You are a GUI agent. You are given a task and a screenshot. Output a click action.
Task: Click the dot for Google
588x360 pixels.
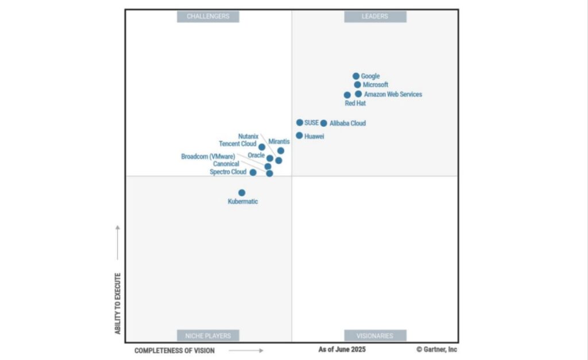[356, 76]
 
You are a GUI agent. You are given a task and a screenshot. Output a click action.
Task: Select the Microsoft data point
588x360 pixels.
[357, 85]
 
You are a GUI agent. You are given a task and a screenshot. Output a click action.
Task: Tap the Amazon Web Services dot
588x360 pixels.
[358, 94]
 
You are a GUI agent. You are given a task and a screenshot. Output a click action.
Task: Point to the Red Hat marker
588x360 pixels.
[347, 95]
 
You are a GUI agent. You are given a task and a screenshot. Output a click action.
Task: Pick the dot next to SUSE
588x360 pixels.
[300, 123]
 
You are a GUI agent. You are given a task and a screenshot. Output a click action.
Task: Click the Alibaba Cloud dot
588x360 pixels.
[324, 123]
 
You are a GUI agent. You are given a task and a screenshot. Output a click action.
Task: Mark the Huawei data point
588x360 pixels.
[299, 136]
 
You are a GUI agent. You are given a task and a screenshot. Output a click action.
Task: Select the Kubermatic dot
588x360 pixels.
[242, 193]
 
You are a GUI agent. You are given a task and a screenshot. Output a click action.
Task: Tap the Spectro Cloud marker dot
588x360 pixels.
[253, 172]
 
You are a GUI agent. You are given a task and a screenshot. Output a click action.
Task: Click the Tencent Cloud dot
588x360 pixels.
[262, 147]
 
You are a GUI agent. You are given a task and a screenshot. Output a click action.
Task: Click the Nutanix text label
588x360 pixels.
[248, 137]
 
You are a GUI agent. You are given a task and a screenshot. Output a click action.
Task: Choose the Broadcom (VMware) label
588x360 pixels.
[208, 156]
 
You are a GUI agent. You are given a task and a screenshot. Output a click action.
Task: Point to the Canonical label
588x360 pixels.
[226, 164]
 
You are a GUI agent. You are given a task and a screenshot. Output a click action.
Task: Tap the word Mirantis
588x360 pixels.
[279, 141]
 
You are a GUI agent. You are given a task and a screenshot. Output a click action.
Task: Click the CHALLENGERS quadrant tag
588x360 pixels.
[208, 17]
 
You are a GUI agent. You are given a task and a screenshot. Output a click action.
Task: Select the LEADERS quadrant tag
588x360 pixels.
[375, 17]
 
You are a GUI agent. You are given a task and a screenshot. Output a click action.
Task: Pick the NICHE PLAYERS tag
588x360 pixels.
[208, 336]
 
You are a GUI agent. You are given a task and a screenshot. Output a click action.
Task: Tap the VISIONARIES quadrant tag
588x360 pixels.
[375, 336]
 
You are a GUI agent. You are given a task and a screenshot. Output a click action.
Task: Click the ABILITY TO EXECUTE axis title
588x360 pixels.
[118, 304]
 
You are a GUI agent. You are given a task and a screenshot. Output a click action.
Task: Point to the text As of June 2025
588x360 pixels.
[342, 349]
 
